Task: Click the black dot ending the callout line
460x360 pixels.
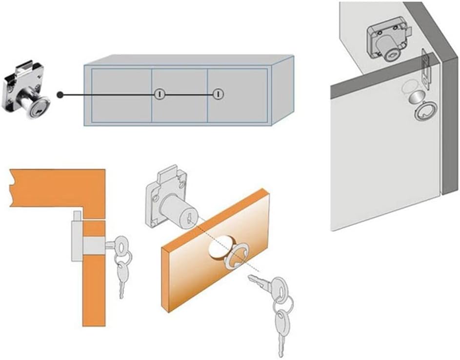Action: click(x=60, y=94)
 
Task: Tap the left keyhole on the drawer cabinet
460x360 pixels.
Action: click(x=159, y=94)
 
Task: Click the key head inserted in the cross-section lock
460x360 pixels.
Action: click(x=117, y=242)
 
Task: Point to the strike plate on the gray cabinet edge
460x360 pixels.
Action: click(x=426, y=68)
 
